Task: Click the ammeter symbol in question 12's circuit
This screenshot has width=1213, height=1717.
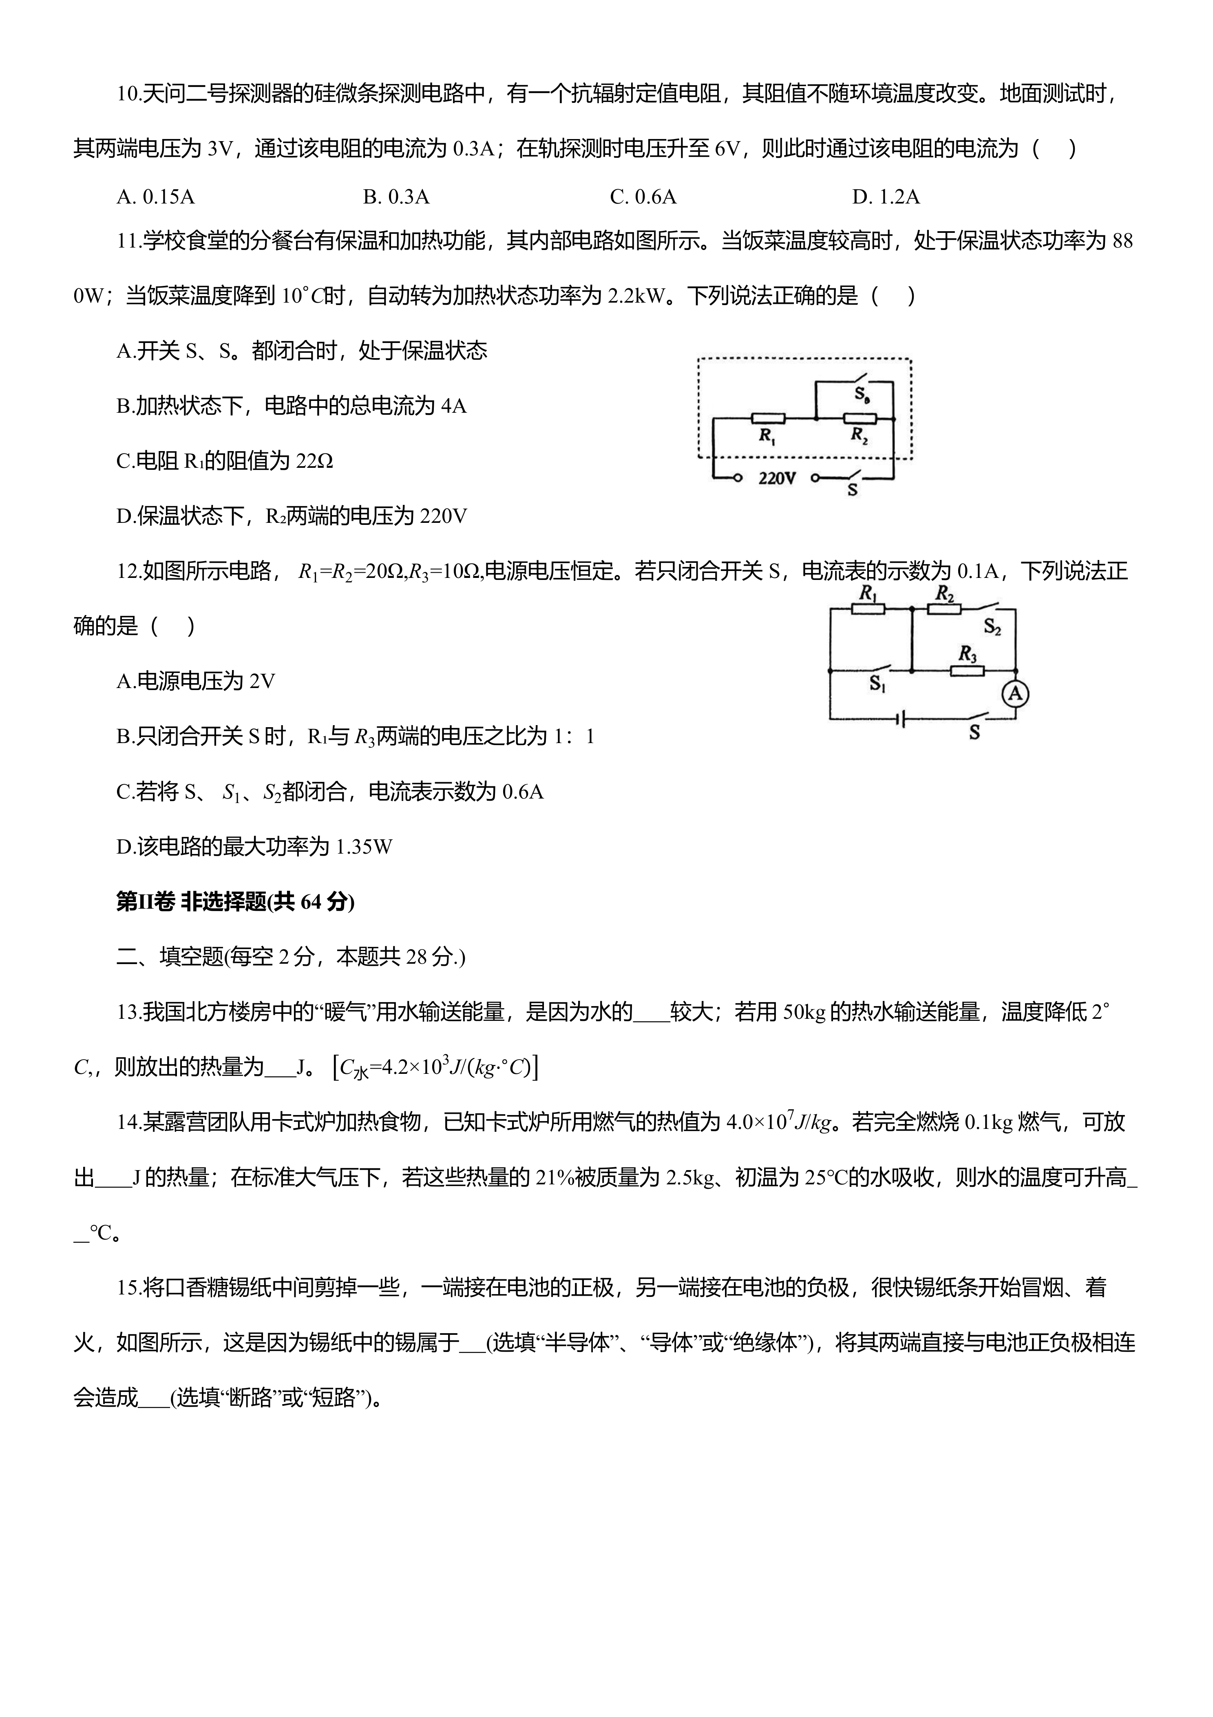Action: tap(1015, 694)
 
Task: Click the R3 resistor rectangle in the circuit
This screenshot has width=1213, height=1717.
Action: tap(967, 671)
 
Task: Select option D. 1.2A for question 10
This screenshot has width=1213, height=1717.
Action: tap(886, 197)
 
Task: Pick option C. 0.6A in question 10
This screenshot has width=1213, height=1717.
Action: tap(643, 197)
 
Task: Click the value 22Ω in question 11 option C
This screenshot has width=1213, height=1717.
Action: tap(314, 461)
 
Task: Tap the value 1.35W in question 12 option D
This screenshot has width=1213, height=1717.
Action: tap(364, 847)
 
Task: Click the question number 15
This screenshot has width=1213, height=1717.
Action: tap(128, 1288)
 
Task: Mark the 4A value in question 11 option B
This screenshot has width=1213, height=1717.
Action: tap(453, 406)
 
